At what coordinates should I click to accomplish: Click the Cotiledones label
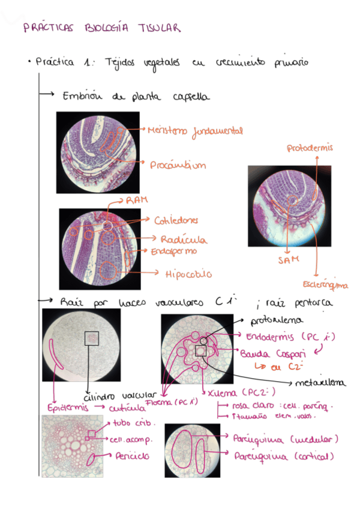[176, 220]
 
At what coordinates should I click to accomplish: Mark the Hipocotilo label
[188, 274]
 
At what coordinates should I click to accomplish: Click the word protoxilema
[277, 321]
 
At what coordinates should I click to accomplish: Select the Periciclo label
[133, 456]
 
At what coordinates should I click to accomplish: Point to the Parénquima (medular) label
[285, 439]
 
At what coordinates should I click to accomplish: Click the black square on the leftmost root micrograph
[91, 339]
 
